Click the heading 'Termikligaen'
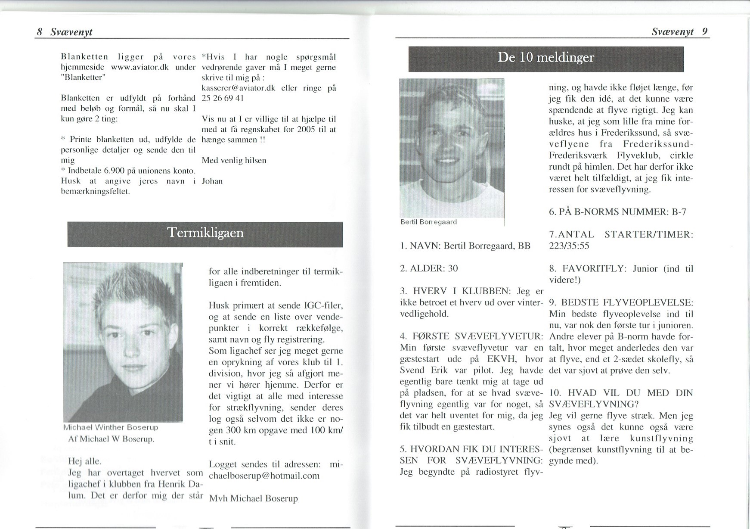click(x=205, y=233)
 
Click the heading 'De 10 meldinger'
click(x=545, y=58)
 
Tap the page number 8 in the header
click(x=40, y=32)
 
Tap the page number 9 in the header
click(x=704, y=31)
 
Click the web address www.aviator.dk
click(x=139, y=67)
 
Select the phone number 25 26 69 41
click(x=223, y=98)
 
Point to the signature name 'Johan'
click(x=212, y=181)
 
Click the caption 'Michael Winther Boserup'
click(x=111, y=428)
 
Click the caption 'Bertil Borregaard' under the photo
click(x=428, y=222)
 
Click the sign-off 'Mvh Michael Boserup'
click(x=253, y=498)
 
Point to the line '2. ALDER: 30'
click(x=429, y=268)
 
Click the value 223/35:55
click(x=569, y=246)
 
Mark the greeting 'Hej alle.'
click(x=85, y=461)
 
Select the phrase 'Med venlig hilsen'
click(x=234, y=161)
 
